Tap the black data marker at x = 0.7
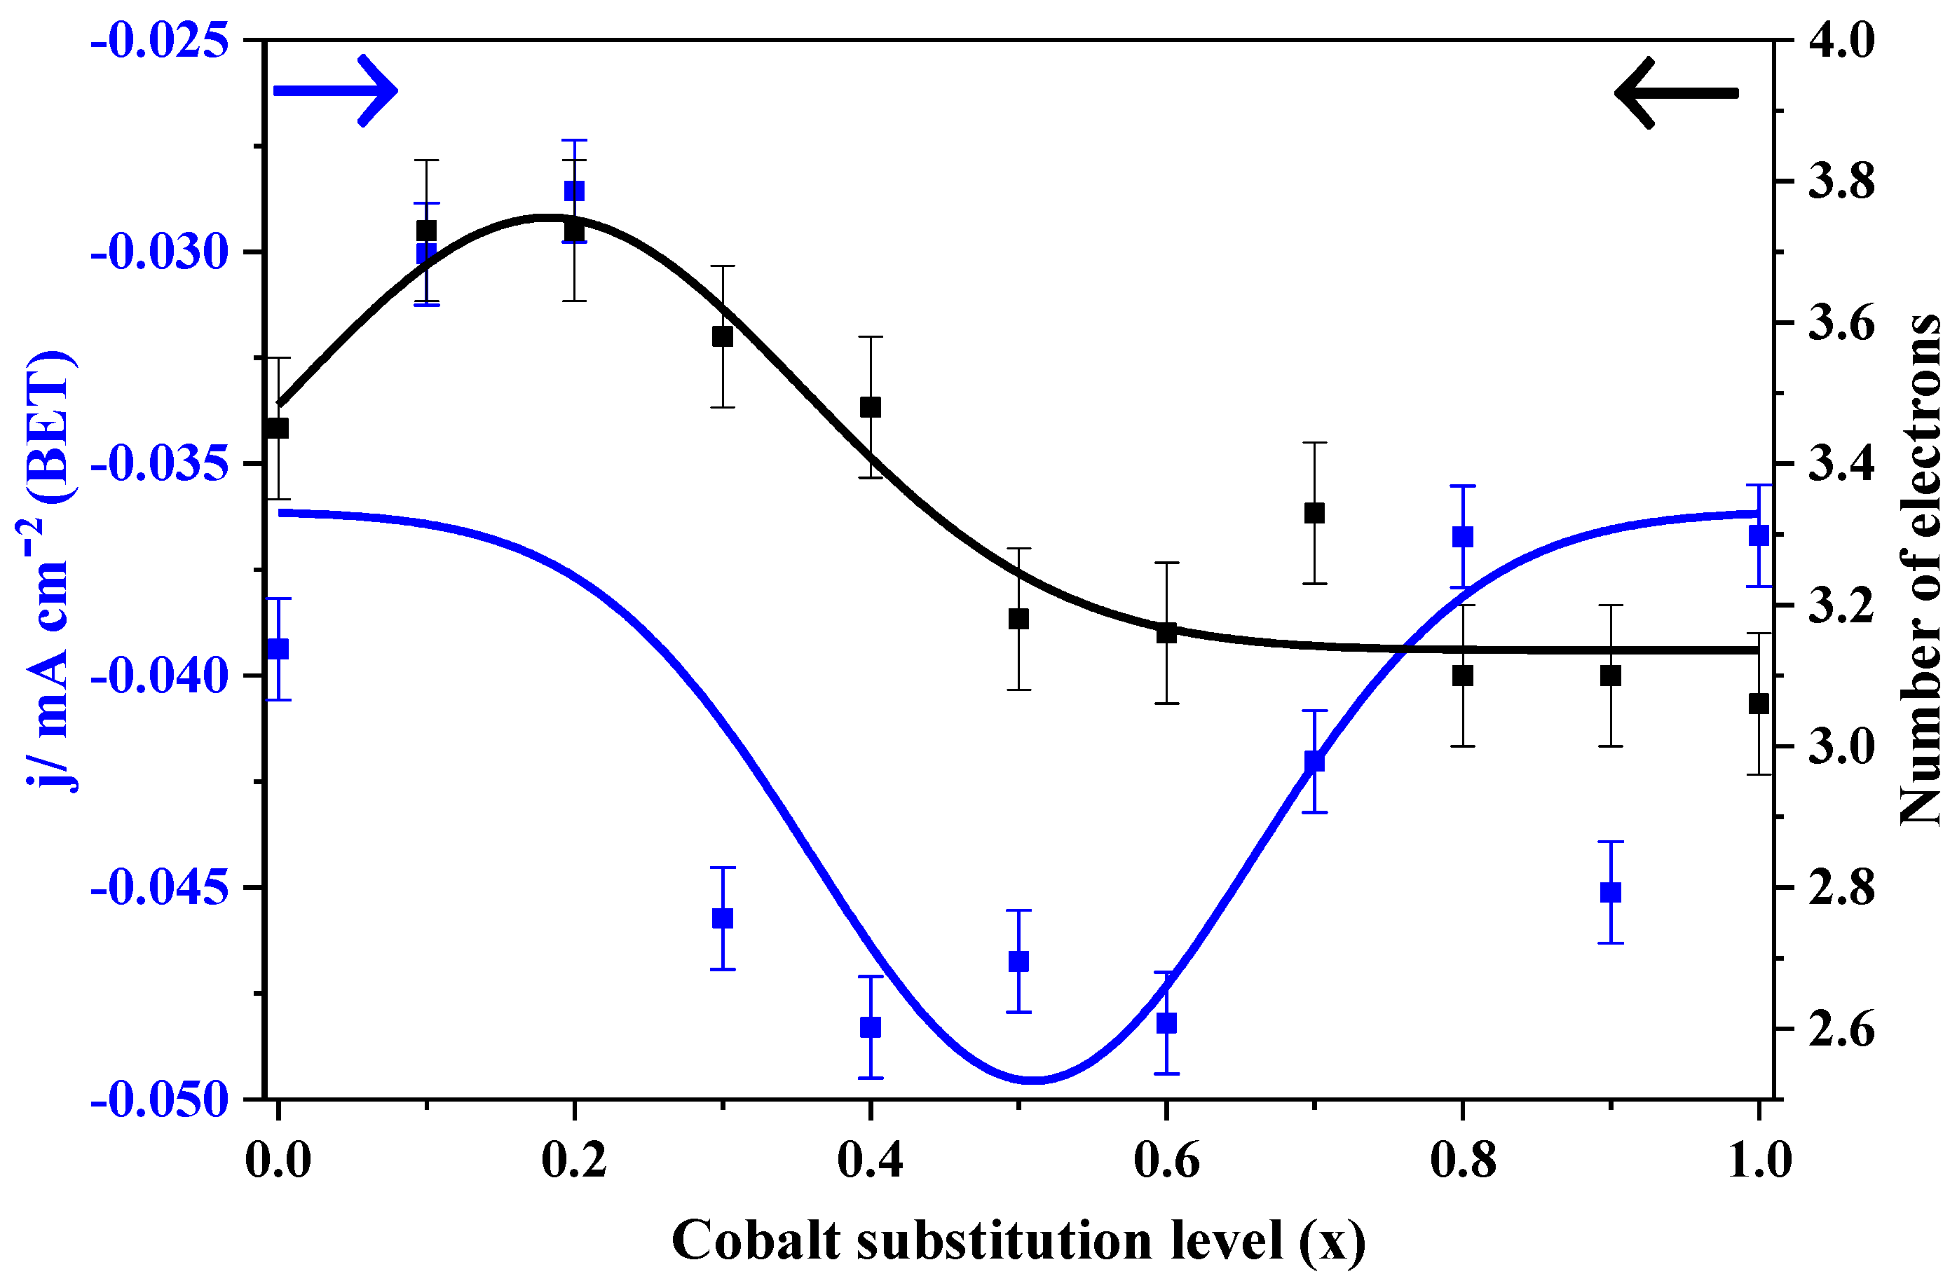coord(1314,513)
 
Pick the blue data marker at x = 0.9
coord(1611,892)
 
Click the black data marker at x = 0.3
coord(722,336)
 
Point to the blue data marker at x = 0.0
coord(278,649)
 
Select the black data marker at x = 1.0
coord(1759,704)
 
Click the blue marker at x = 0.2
coord(574,191)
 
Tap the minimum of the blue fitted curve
coord(1035,1080)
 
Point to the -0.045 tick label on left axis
coord(160,889)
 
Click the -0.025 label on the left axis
coord(160,41)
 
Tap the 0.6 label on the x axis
coord(1166,1161)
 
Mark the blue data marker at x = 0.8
coord(1462,537)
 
